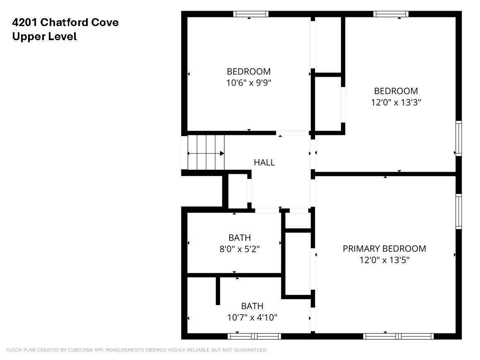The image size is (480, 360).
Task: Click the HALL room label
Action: [x=264, y=162]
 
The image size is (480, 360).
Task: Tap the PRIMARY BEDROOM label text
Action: [x=384, y=249]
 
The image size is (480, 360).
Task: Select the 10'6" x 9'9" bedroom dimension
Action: [x=249, y=83]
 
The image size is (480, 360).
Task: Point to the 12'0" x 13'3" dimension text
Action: [x=396, y=102]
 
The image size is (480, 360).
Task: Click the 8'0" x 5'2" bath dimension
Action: [x=240, y=249]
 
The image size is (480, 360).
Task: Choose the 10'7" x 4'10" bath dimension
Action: [x=252, y=317]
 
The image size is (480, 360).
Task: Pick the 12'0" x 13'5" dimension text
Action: [x=384, y=260]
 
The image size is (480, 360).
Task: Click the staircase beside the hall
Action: [x=206, y=152]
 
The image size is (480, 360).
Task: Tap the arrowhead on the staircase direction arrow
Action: [x=222, y=154]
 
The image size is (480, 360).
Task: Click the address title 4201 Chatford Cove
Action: [x=65, y=22]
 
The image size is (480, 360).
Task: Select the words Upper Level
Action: [x=44, y=36]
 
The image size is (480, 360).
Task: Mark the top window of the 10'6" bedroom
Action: [x=251, y=14]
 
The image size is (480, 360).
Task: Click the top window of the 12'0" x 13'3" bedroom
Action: [x=391, y=14]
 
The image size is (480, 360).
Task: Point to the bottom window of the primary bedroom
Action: [x=398, y=336]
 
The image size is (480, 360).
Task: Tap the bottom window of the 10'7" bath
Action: [x=254, y=336]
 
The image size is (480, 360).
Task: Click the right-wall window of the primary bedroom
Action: [x=458, y=211]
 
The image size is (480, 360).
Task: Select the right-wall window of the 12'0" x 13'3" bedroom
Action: [x=458, y=138]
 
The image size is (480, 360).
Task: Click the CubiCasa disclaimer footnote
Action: [x=137, y=350]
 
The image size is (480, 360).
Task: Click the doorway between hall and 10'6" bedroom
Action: [x=293, y=133]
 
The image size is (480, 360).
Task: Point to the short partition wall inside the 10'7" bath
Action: [x=218, y=291]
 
